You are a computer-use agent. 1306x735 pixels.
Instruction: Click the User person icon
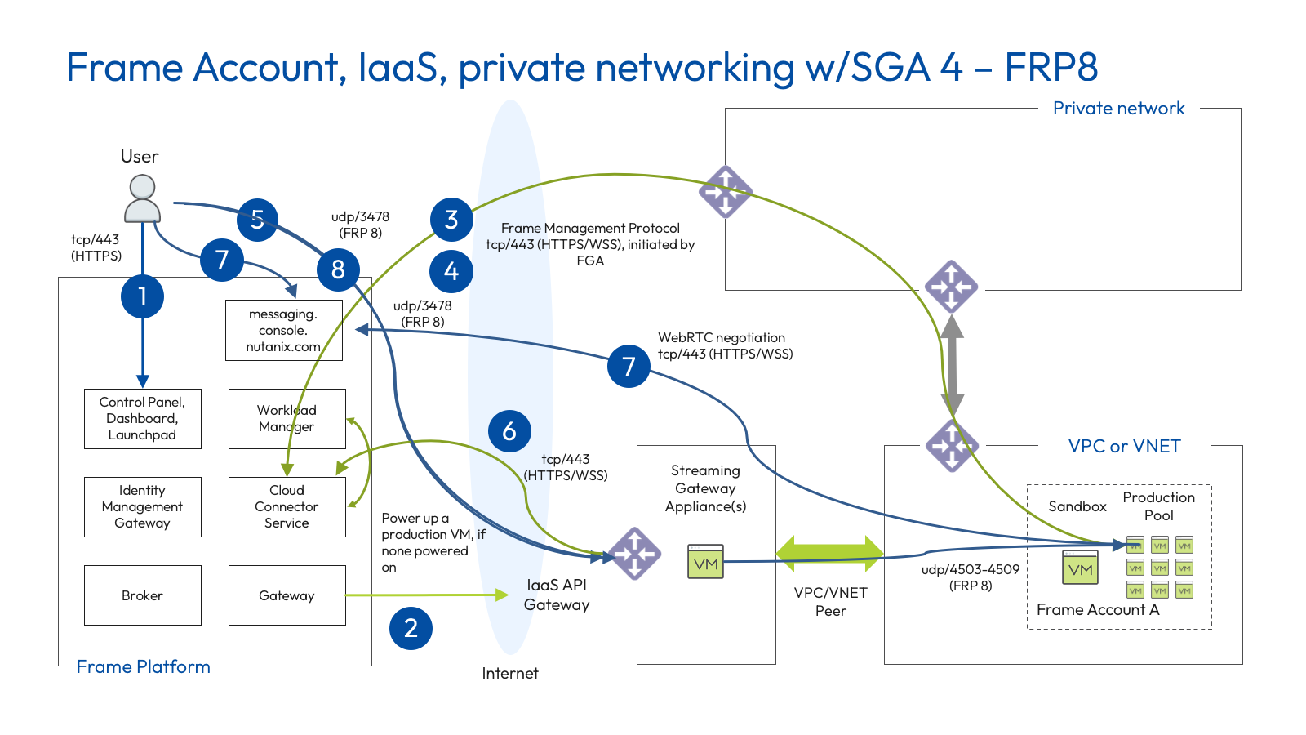click(x=142, y=198)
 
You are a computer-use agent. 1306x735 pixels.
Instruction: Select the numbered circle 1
click(x=142, y=296)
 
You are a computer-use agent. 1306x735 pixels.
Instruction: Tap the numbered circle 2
click(x=411, y=628)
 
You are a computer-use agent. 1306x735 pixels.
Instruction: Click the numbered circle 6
click(x=509, y=431)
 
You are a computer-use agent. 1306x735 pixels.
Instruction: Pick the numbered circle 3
click(x=451, y=220)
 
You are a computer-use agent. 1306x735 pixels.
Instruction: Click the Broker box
click(x=142, y=595)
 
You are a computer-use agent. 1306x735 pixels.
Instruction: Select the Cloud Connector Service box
click(x=287, y=507)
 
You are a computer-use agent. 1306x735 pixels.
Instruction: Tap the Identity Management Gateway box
click(x=142, y=507)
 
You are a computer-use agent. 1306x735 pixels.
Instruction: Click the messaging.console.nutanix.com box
click(x=283, y=330)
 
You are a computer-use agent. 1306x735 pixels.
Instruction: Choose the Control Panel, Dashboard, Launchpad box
click(x=142, y=419)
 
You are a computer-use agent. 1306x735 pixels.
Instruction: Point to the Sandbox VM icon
click(x=1080, y=568)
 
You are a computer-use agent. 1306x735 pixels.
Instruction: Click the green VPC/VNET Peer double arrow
click(x=829, y=553)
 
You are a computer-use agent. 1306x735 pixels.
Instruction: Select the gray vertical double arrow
click(x=952, y=365)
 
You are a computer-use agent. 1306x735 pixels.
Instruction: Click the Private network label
click(x=1118, y=109)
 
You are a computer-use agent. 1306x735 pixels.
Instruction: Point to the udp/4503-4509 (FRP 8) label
click(x=970, y=577)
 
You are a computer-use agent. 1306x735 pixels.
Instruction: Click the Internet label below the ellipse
click(x=509, y=674)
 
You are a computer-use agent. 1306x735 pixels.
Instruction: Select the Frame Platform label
click(x=143, y=667)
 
